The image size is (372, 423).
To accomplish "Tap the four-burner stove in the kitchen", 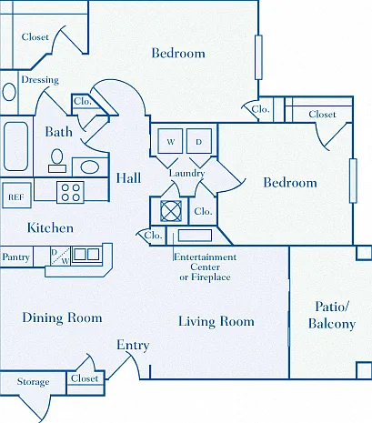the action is pyautogui.click(x=70, y=192).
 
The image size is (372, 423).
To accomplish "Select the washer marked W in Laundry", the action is pyautogui.click(x=170, y=141).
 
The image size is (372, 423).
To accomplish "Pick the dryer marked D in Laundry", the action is pyautogui.click(x=199, y=141).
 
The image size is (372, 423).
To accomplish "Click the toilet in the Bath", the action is pyautogui.click(x=57, y=161).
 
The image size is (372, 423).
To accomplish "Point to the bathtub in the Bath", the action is pyautogui.click(x=16, y=146).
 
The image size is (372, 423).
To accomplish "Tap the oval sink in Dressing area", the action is pyautogui.click(x=9, y=92).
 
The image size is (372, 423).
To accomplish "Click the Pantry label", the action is pyautogui.click(x=15, y=257).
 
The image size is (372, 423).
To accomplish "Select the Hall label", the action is pyautogui.click(x=128, y=178).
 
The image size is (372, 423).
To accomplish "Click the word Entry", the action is pyautogui.click(x=133, y=345).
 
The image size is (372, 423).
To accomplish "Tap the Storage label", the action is pyautogui.click(x=33, y=382).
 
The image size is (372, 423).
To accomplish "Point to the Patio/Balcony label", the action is pyautogui.click(x=332, y=316).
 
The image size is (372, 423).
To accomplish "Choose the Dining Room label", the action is pyautogui.click(x=62, y=317).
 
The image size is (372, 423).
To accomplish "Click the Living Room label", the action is pyautogui.click(x=216, y=321).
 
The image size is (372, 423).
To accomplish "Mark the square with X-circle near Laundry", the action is pyautogui.click(x=171, y=211).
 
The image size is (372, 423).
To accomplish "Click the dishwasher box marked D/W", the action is pyautogui.click(x=60, y=257).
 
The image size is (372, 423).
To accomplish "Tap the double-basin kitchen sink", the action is pyautogui.click(x=86, y=254).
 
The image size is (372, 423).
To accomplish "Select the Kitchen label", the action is pyautogui.click(x=50, y=227).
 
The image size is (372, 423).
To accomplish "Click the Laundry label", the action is pyautogui.click(x=186, y=174).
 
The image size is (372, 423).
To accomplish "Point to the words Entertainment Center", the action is pyautogui.click(x=205, y=262).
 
